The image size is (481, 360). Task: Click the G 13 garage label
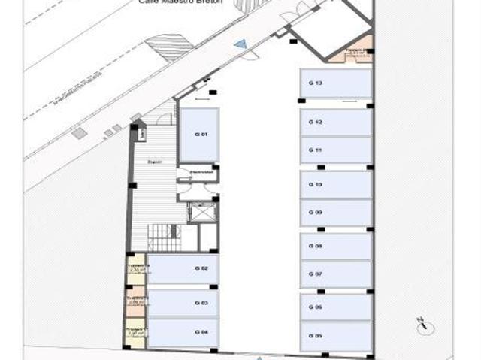tap(316, 83)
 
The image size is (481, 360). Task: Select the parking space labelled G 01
tap(199, 135)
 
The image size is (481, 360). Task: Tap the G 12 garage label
tap(316, 122)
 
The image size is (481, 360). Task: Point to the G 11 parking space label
tap(316, 150)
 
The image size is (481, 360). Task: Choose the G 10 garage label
tap(316, 184)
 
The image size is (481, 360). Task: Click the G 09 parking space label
tap(316, 213)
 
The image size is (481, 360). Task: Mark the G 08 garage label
tap(316, 246)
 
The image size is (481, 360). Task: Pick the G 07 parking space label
tap(316, 274)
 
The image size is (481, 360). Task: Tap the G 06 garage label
tap(316, 307)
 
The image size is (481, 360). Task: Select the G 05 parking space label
tap(316, 336)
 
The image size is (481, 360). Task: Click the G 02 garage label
tap(201, 268)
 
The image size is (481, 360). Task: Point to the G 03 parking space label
tap(201, 303)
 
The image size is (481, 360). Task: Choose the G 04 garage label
tap(201, 331)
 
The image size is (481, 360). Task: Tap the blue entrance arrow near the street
tap(240, 46)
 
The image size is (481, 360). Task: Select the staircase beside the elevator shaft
tap(165, 237)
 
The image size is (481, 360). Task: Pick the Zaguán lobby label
tap(155, 161)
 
